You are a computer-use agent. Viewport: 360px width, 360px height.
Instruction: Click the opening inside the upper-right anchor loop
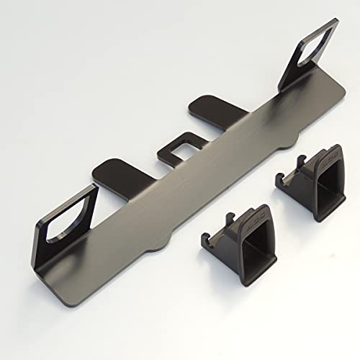[x=315, y=50]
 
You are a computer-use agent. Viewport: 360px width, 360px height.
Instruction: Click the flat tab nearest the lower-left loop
[x=114, y=171]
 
